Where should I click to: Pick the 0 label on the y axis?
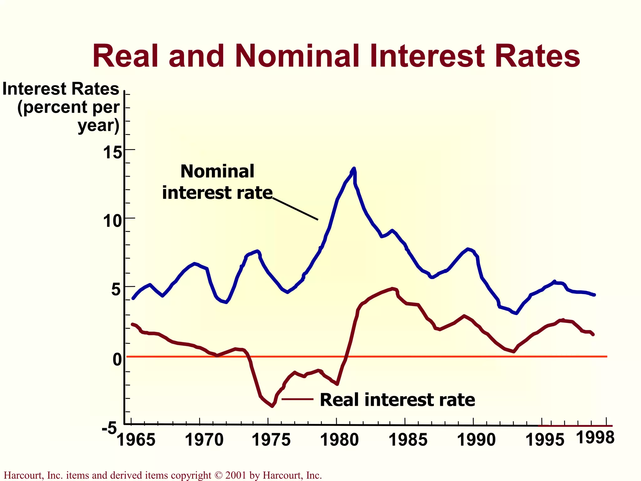(x=117, y=359)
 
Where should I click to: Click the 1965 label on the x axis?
(x=136, y=440)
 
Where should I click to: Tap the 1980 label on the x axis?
(x=339, y=440)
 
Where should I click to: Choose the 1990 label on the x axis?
(x=476, y=440)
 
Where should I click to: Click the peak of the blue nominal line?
(x=354, y=168)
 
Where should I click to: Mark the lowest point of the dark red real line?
(x=272, y=406)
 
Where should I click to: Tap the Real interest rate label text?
(x=397, y=400)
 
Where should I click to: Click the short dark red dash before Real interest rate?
(x=297, y=399)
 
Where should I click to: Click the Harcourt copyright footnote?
(x=163, y=475)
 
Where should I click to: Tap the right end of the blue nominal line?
(x=594, y=295)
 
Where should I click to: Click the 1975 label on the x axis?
(x=271, y=440)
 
